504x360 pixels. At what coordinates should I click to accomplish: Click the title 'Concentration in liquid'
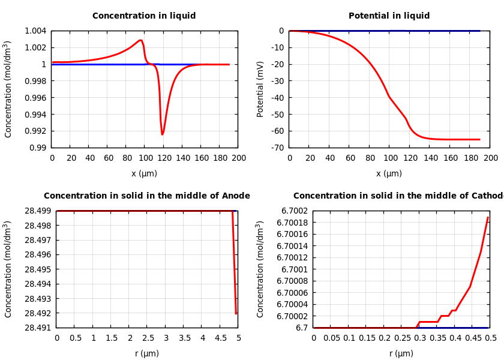[x=144, y=16]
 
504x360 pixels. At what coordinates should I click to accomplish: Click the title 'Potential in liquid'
[x=389, y=16]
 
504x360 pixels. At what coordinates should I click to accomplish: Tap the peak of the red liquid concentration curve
[x=140, y=40]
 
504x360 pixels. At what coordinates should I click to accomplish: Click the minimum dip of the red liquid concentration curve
[x=162, y=134]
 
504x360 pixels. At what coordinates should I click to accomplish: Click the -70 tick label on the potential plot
[x=277, y=148]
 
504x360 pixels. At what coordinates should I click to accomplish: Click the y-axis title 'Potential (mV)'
[x=260, y=89]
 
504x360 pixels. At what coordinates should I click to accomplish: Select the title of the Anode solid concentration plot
[x=147, y=196]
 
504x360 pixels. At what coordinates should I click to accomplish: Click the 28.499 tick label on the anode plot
[x=37, y=211]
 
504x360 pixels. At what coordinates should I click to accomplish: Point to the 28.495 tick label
[x=37, y=269]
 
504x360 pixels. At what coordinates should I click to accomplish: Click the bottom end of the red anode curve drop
[x=236, y=313]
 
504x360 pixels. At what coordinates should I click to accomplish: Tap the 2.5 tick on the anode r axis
[x=148, y=338]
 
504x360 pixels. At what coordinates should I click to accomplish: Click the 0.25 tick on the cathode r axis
[x=402, y=338]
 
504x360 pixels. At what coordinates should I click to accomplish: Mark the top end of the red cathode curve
[x=488, y=217]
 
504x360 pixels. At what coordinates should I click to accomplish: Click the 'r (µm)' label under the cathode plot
[x=401, y=354]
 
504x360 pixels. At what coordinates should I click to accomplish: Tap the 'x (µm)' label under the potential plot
[x=389, y=174]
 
